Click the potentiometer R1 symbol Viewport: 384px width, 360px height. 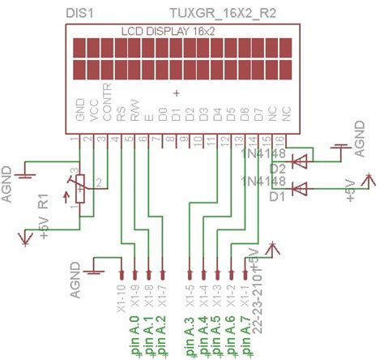tap(79, 190)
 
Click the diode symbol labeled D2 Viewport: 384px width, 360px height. tap(301, 161)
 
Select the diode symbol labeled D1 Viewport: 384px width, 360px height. tap(301, 189)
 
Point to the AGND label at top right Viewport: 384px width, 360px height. tap(361, 135)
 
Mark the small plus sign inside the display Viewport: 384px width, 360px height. tap(176, 94)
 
